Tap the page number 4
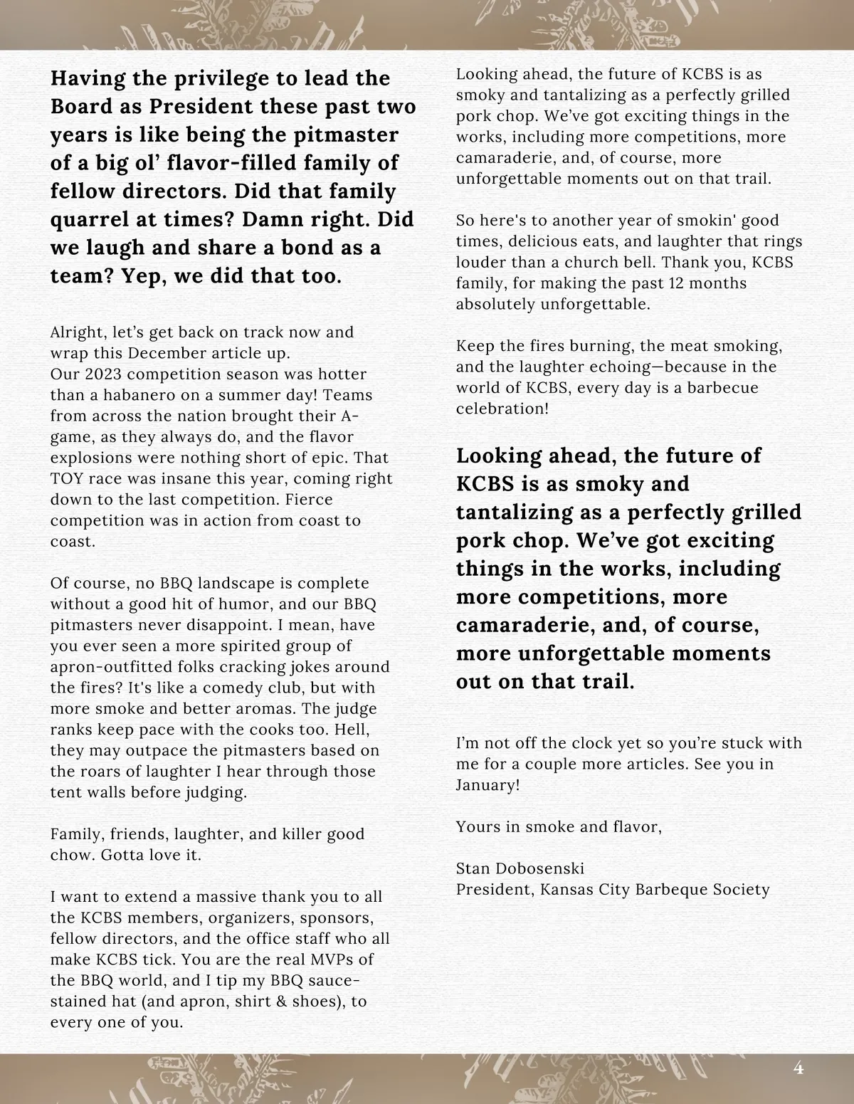[798, 1068]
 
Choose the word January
[485, 785]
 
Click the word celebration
[501, 409]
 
